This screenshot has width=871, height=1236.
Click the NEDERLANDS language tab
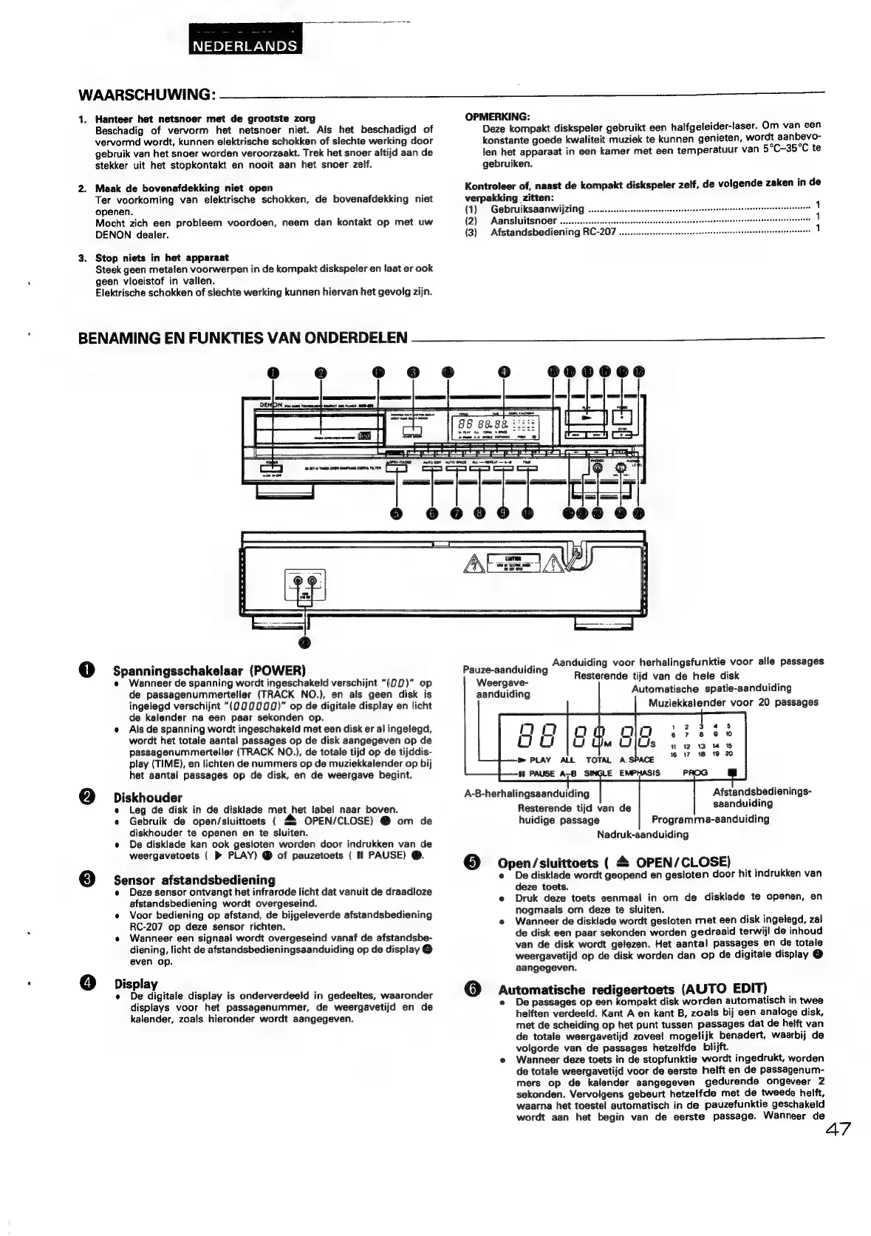point(245,46)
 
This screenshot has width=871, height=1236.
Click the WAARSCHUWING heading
point(146,95)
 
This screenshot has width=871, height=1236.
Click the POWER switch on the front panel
point(272,468)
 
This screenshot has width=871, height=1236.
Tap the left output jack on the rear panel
point(298,582)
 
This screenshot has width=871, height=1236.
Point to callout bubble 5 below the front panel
point(397,513)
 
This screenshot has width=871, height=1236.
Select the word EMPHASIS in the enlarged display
point(640,772)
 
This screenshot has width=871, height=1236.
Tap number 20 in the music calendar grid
point(728,754)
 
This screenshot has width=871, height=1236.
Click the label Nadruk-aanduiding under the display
point(643,834)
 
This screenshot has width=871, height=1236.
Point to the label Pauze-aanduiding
point(505,670)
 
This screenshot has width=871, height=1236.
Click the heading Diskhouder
point(148,798)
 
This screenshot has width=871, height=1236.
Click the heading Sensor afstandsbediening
point(194,880)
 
